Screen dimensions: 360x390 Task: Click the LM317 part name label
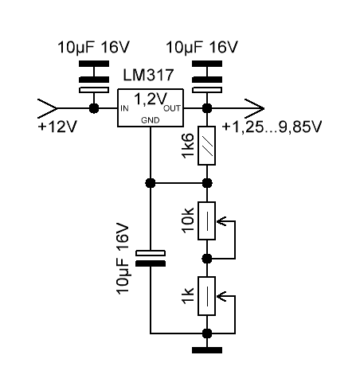(x=148, y=75)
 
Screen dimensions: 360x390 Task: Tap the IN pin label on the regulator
(x=124, y=108)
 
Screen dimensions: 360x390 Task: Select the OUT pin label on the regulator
(x=172, y=108)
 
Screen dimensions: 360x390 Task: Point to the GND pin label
(x=151, y=120)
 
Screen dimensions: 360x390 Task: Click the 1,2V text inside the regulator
(x=151, y=99)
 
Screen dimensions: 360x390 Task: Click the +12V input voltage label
(x=57, y=127)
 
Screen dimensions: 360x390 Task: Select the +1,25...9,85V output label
(x=272, y=127)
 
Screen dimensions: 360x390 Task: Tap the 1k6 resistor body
(x=206, y=146)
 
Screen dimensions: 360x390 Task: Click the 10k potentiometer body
(x=206, y=220)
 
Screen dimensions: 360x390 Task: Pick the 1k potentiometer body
(x=206, y=296)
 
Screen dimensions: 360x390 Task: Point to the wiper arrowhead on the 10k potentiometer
(x=221, y=221)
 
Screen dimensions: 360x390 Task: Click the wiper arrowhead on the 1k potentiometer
(x=221, y=296)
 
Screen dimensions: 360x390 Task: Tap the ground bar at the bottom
(x=207, y=350)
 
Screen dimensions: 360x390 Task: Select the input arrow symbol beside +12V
(x=47, y=108)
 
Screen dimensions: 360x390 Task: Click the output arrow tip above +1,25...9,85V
(x=264, y=108)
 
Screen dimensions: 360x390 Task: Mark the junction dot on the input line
(x=94, y=108)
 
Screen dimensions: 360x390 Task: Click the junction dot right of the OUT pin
(x=207, y=108)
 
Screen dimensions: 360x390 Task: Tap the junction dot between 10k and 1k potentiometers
(x=207, y=259)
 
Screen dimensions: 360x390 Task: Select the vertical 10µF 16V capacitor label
(x=123, y=259)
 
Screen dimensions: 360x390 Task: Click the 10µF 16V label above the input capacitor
(x=93, y=47)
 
